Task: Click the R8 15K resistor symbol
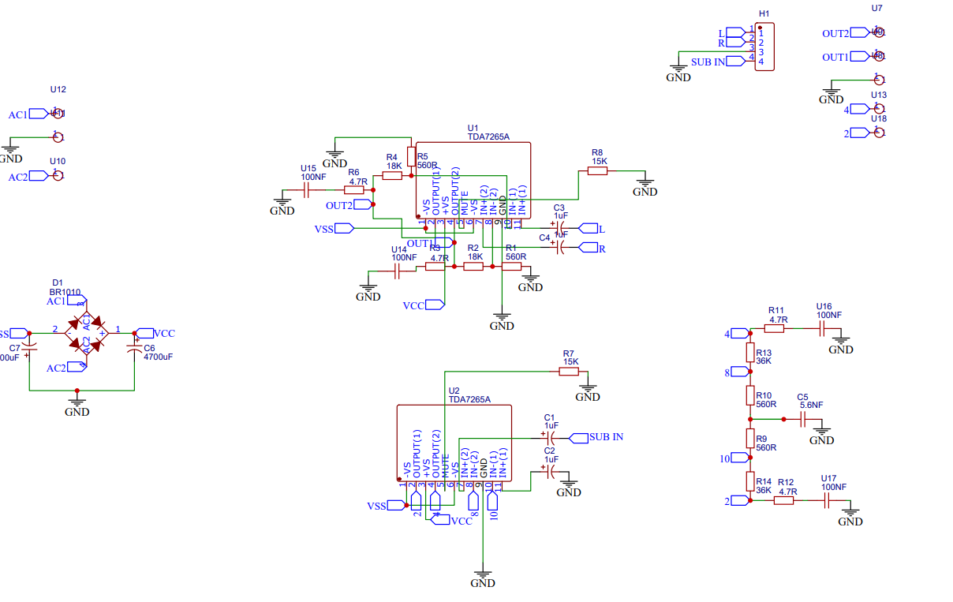click(x=597, y=171)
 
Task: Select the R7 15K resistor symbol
click(x=569, y=371)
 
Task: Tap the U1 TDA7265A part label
click(x=488, y=132)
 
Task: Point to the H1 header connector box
click(x=764, y=47)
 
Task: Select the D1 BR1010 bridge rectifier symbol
click(x=85, y=334)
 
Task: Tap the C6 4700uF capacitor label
click(x=158, y=352)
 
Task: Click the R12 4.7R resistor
click(x=783, y=500)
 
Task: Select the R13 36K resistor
click(x=750, y=351)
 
